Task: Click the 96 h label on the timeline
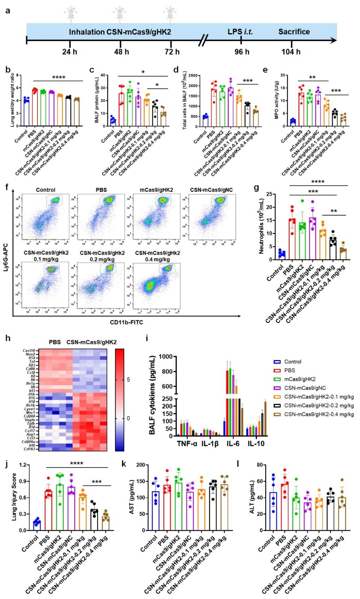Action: [x=242, y=52]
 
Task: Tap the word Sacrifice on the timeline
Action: [x=294, y=32]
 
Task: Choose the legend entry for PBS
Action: [x=290, y=370]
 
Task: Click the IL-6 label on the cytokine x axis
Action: [x=233, y=444]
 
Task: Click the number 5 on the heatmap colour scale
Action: [x=128, y=380]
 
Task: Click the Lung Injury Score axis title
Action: [x=14, y=497]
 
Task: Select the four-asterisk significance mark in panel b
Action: [x=59, y=77]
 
